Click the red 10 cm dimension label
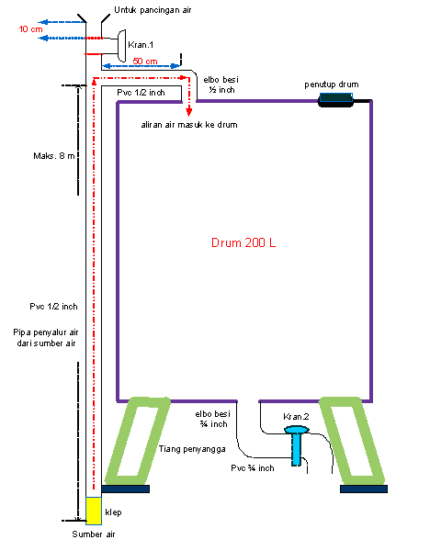click(29, 29)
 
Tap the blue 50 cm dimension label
click(145, 61)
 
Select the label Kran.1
click(141, 42)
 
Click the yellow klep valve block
click(92, 511)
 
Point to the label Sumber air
click(95, 534)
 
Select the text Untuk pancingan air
click(153, 10)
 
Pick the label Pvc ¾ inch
click(253, 468)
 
